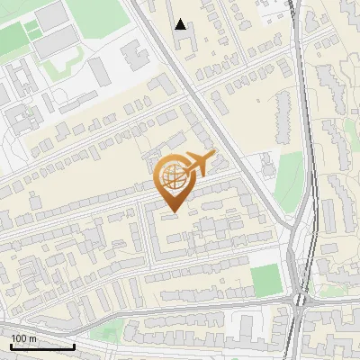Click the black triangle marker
point(181,24)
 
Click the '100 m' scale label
point(23,338)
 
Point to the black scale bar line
point(41,346)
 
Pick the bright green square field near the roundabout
point(266,281)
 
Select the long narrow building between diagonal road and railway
point(281,112)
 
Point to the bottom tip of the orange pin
point(174,211)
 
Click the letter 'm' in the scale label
point(33,338)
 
